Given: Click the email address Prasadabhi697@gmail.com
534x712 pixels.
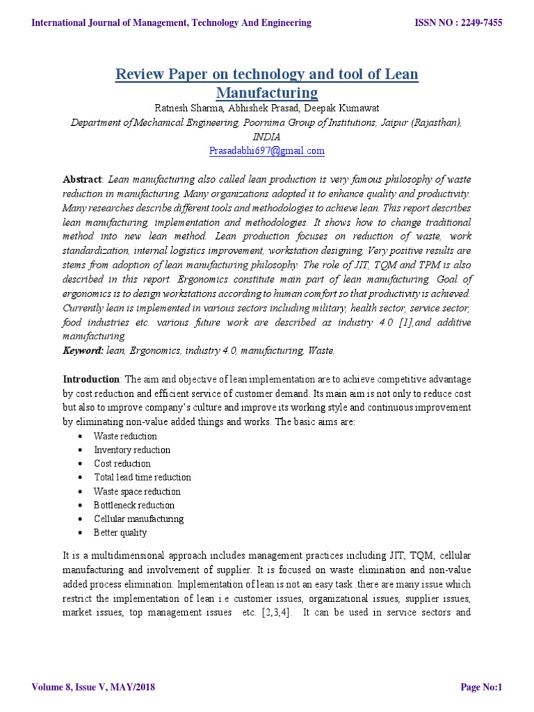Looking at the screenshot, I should click(267, 150).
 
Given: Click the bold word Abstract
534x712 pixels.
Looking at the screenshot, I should click(82, 179).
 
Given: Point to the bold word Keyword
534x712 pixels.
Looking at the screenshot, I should click(83, 351).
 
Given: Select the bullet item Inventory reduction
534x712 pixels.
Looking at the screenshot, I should click(132, 450).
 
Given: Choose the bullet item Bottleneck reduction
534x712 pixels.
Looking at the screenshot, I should click(134, 505).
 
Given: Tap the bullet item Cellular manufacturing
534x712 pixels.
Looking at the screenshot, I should click(139, 519).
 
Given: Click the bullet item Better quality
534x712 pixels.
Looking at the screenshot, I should click(120, 533).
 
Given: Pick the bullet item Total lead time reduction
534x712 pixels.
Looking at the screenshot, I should click(143, 478).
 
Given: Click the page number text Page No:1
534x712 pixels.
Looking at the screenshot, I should click(481, 688).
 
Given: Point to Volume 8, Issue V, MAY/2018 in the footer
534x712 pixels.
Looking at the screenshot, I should click(93, 688).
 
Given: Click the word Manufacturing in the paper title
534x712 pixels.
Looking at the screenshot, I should click(267, 92).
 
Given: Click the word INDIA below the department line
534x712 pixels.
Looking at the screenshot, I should click(267, 137).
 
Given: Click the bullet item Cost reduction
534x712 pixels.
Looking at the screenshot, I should click(122, 464).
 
